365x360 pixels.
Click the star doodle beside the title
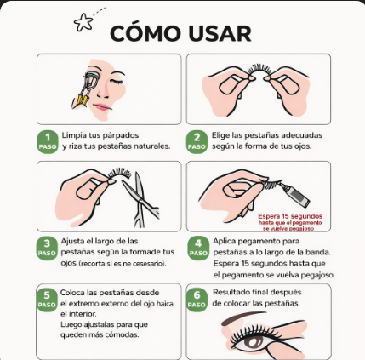(83, 23)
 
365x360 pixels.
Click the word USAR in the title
(220, 34)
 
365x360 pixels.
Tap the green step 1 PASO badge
(48, 142)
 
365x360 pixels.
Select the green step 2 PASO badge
(197, 142)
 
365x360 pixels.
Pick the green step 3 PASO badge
(47, 249)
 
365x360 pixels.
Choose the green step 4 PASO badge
(198, 249)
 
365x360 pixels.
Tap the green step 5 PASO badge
(47, 300)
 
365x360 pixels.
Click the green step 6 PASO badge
(197, 300)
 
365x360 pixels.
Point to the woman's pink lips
(101, 107)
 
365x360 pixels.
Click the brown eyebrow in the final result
(241, 317)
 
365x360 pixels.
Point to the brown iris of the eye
(254, 342)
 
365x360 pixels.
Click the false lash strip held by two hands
(259, 70)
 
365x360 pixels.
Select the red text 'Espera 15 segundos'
(290, 216)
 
